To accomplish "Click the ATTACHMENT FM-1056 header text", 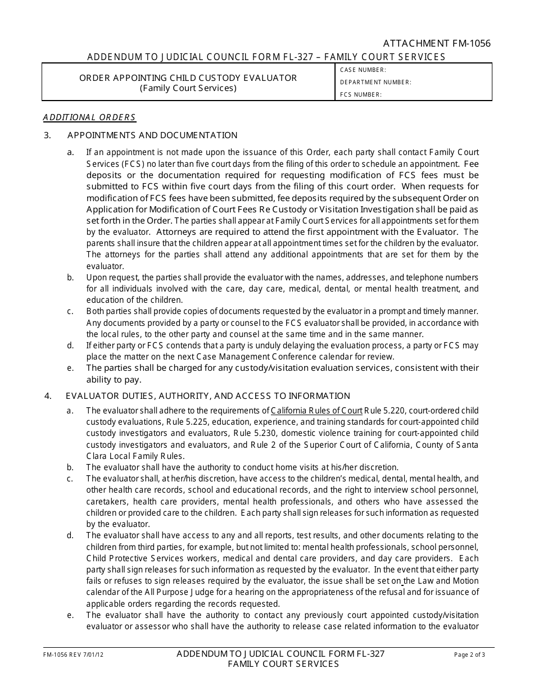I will click(437, 44).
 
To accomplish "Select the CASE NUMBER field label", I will click(363, 70).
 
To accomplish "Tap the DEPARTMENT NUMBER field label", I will click(375, 83).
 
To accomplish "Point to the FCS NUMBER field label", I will click(361, 95).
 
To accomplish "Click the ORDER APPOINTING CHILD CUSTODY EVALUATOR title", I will click(188, 78).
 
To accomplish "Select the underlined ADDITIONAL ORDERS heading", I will click(89, 117).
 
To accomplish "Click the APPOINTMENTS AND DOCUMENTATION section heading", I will click(152, 135).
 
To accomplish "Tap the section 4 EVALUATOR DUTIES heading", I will click(208, 396).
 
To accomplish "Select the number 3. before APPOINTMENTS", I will click(48, 135).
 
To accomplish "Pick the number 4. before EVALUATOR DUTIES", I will click(48, 396).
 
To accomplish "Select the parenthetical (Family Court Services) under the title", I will click(188, 88).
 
